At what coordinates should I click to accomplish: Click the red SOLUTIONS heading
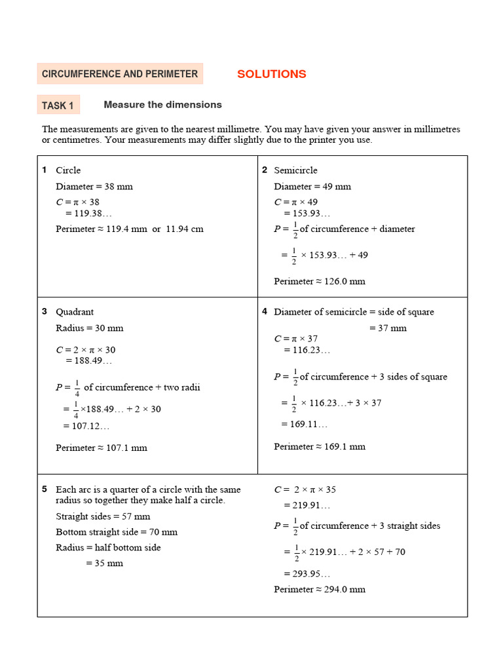pyautogui.click(x=271, y=74)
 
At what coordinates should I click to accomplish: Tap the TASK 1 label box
pyautogui.click(x=58, y=105)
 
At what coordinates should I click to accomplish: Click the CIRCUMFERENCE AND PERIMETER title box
pyautogui.click(x=120, y=74)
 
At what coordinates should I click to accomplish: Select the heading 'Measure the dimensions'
pyautogui.click(x=162, y=105)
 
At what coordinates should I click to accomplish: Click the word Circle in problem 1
pyautogui.click(x=68, y=170)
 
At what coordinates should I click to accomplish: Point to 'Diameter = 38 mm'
pyautogui.click(x=94, y=186)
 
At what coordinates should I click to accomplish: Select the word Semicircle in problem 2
pyautogui.click(x=295, y=170)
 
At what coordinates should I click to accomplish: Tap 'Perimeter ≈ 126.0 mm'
pyautogui.click(x=320, y=281)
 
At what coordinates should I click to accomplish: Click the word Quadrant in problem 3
pyautogui.click(x=75, y=312)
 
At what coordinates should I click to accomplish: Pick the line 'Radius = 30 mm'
pyautogui.click(x=90, y=328)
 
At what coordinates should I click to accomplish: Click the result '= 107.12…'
pyautogui.click(x=86, y=426)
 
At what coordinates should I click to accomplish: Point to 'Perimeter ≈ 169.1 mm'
pyautogui.click(x=320, y=446)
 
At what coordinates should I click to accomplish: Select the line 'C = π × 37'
pyautogui.click(x=296, y=338)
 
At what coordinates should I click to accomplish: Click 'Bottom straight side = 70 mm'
pyautogui.click(x=117, y=531)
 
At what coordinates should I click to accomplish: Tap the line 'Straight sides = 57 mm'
pyautogui.click(x=103, y=516)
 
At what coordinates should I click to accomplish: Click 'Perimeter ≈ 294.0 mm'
pyautogui.click(x=320, y=589)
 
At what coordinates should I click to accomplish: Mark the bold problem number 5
pyautogui.click(x=45, y=489)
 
